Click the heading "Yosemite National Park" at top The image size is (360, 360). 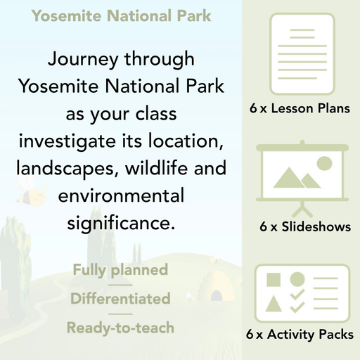121,15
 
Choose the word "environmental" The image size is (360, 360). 120,195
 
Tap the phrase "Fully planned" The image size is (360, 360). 120,269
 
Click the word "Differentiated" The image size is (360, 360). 120,298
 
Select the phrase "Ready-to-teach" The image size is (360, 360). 120,327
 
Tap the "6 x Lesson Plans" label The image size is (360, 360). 300,109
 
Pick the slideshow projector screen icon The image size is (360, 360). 300,176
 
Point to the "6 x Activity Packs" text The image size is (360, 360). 300,335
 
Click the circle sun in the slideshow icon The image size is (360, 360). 324,165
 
